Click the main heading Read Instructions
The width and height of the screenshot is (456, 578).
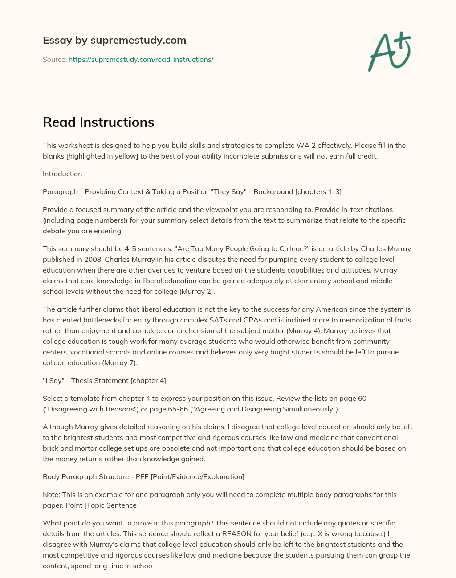[98, 122]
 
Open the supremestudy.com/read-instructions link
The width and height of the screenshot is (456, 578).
[141, 59]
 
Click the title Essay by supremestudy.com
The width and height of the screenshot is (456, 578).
[114, 40]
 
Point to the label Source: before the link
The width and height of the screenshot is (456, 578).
[54, 59]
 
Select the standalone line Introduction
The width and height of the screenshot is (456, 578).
[62, 174]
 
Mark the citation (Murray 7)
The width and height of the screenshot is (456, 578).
[120, 362]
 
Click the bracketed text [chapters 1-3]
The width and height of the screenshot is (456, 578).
[318, 191]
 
